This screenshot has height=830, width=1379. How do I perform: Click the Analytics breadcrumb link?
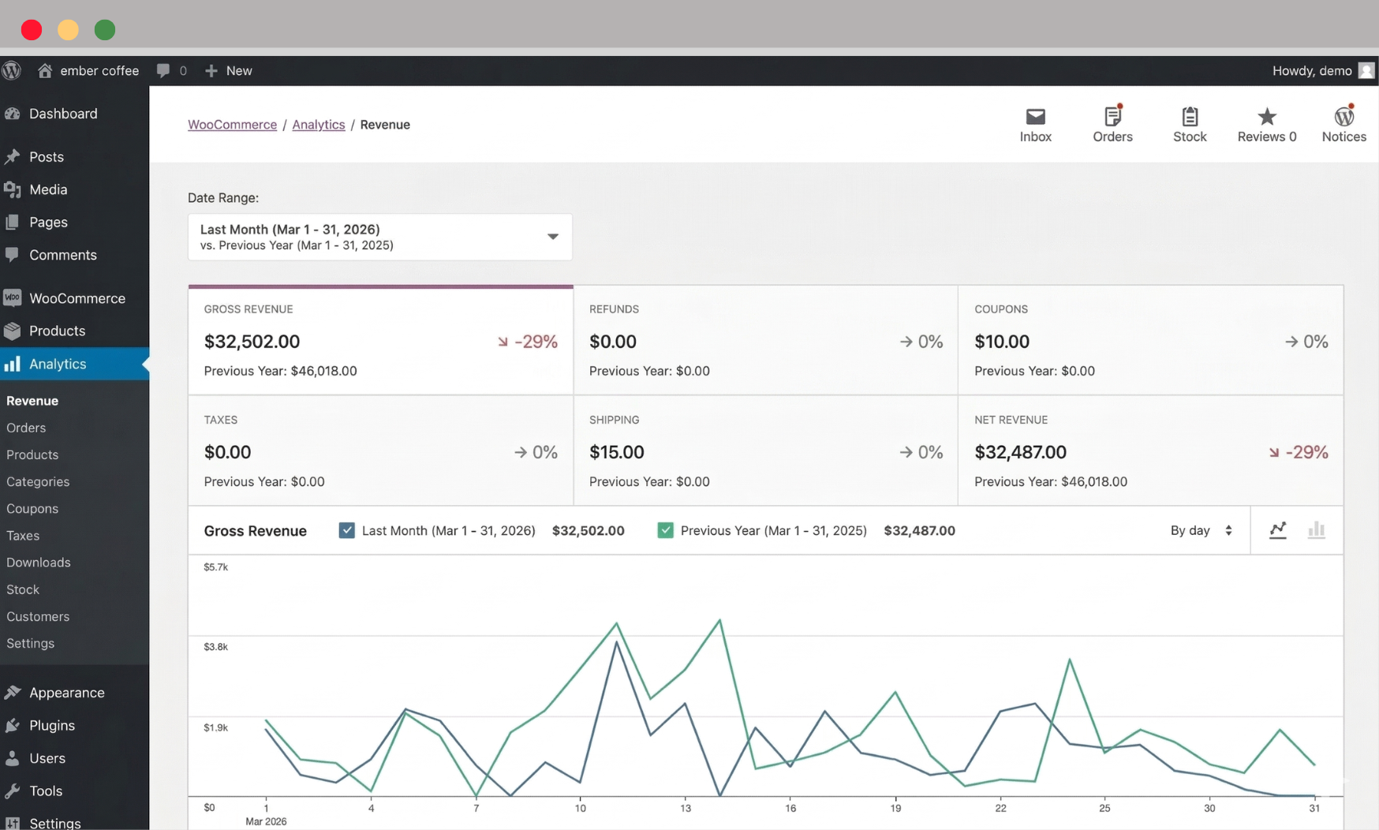coord(318,125)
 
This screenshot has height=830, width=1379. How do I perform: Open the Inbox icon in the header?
coord(1035,118)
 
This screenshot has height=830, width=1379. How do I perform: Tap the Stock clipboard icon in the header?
coord(1190,118)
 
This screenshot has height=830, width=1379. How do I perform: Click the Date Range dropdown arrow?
coord(552,237)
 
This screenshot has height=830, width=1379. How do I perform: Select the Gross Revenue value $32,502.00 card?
coord(252,342)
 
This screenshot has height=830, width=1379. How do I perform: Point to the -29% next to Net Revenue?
coord(1306,452)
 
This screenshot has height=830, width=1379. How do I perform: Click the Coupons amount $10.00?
coord(1001,342)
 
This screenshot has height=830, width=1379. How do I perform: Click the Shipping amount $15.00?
coord(616,452)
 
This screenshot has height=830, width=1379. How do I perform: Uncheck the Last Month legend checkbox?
coord(346,530)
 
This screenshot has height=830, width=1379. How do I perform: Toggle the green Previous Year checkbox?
coord(665,530)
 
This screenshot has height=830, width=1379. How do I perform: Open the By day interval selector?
coord(1201,530)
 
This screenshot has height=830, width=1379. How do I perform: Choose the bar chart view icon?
coord(1316,530)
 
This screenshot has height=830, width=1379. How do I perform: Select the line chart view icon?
coord(1278,530)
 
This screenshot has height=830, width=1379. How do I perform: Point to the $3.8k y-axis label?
coord(215,647)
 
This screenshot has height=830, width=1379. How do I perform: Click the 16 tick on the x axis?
coord(790,808)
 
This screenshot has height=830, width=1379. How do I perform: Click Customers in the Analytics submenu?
coord(38,616)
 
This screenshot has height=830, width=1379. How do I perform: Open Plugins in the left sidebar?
coord(52,725)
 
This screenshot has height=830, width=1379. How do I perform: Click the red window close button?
coord(32,30)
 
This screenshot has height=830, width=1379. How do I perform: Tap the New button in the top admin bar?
coord(230,71)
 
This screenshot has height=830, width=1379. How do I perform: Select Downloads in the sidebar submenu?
coord(39,563)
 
